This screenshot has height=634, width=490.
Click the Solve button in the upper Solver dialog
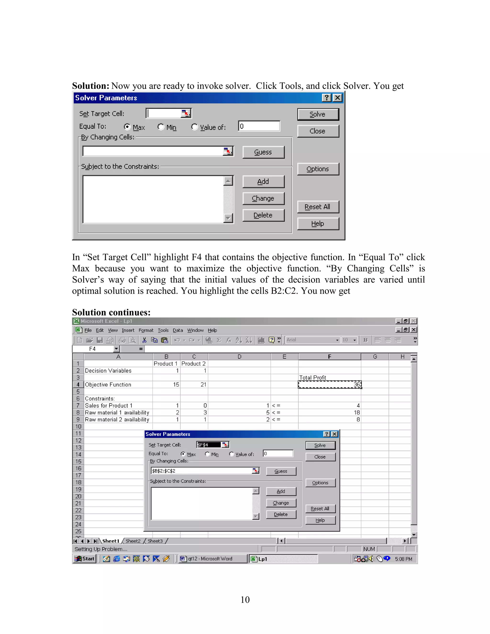tap(318, 114)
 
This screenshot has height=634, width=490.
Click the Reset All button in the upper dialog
tap(318, 207)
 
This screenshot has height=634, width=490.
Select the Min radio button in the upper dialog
tap(161, 127)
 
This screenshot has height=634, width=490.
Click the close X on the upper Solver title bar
tap(337, 98)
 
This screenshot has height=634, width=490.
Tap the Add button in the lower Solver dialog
tap(281, 491)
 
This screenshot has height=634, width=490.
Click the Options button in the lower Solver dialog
tap(320, 483)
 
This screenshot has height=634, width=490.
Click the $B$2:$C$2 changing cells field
tap(202, 471)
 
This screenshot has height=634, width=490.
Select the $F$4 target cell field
tap(208, 445)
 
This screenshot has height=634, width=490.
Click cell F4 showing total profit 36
tap(329, 385)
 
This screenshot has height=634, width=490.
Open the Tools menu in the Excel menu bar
tap(163, 330)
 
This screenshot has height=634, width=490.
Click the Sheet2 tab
tap(133, 541)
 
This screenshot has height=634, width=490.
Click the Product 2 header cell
tap(194, 364)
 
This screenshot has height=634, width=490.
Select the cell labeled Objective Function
tap(118, 385)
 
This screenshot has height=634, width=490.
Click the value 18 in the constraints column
tap(329, 412)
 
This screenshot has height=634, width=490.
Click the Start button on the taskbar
tap(85, 559)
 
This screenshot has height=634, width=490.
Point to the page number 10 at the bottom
tap(245, 600)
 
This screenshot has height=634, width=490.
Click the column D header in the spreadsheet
tap(239, 357)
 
